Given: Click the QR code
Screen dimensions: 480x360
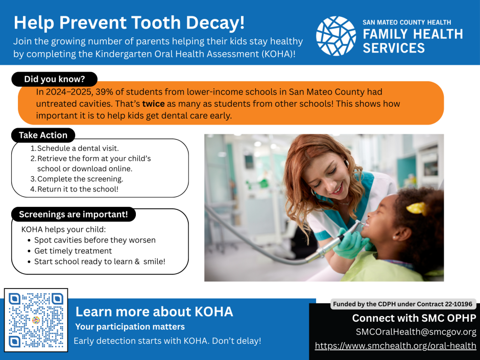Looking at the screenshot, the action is click(36, 320).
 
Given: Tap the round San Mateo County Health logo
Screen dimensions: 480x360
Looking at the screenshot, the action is click(336, 36).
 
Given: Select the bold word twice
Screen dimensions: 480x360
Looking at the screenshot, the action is click(153, 104).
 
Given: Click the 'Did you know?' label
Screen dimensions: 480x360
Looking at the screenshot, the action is click(55, 79).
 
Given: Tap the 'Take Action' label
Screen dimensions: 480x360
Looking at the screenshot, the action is click(43, 135).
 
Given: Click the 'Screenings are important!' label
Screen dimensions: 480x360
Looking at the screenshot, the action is click(74, 214).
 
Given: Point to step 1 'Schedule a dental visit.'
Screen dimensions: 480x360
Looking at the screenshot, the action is click(75, 149).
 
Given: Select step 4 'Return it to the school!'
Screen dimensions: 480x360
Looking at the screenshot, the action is click(75, 189).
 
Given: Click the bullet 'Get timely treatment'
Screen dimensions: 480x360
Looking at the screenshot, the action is click(73, 251).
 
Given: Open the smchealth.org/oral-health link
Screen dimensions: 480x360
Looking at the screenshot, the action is click(396, 346).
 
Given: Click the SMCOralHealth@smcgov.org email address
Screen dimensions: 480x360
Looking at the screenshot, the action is click(416, 332).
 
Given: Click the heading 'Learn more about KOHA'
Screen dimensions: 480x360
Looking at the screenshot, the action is click(154, 311).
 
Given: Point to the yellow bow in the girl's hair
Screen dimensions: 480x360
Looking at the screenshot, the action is click(416, 208).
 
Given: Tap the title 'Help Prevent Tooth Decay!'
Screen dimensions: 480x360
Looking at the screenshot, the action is click(129, 22).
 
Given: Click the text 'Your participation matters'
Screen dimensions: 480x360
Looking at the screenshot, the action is click(130, 327).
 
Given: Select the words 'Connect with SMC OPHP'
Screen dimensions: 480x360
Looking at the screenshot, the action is click(414, 318).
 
